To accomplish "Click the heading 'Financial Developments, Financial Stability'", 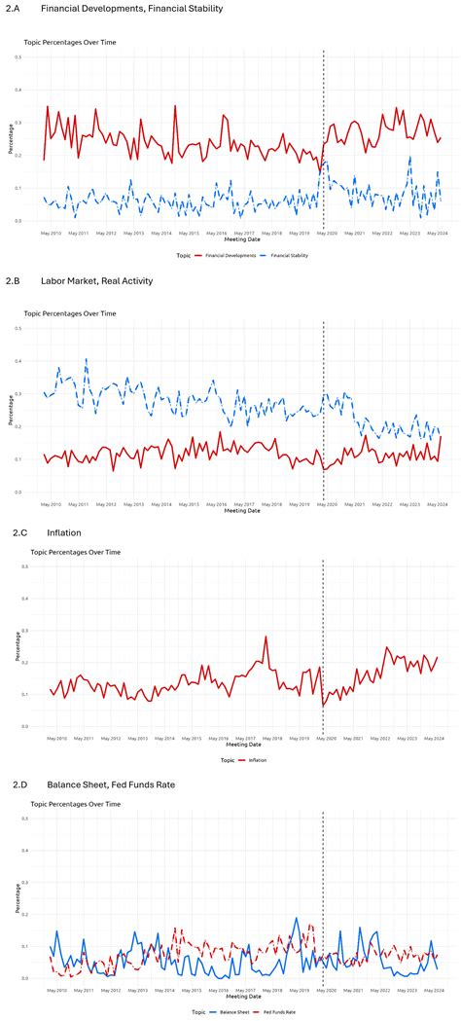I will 131,9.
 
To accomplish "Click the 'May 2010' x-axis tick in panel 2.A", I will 52,234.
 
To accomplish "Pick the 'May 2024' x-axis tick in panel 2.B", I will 435,504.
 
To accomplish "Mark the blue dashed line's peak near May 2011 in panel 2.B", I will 86,359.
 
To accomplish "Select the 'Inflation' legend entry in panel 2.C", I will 256,760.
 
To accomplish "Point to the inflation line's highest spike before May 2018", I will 266,638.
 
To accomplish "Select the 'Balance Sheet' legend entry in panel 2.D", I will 232,1012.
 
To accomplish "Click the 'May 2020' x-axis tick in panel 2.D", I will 324,989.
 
